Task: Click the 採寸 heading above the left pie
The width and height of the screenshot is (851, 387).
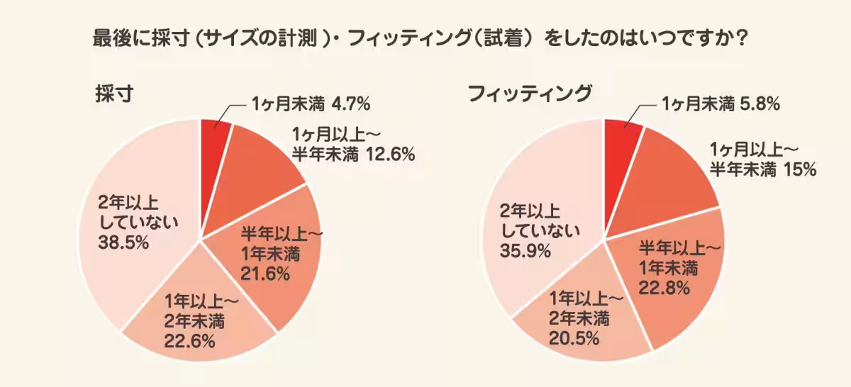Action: (x=114, y=94)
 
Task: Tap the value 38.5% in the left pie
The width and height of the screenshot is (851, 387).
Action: (x=123, y=243)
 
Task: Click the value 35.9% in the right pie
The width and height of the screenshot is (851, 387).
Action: (x=525, y=250)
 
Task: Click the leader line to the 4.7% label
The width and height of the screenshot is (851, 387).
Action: (x=226, y=113)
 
